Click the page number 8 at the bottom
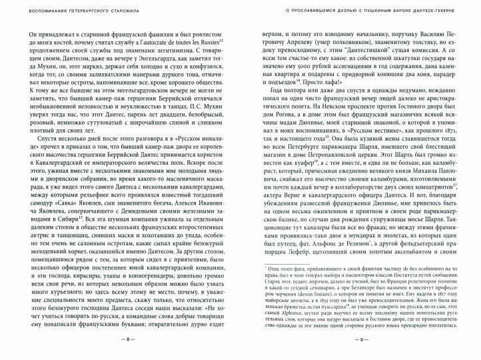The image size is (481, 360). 129,339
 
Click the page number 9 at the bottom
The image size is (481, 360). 352,339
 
